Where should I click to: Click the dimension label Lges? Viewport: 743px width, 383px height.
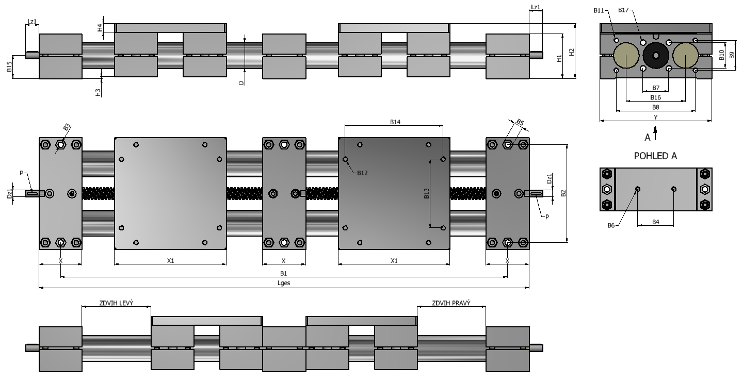[x=284, y=283]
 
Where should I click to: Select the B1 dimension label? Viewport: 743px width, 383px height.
[x=283, y=273]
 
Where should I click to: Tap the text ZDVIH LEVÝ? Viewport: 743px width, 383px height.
[x=116, y=303]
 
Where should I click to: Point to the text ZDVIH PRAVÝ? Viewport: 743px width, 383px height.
[x=451, y=303]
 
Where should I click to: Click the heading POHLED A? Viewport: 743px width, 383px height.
[x=655, y=156]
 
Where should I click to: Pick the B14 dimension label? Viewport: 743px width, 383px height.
[x=395, y=122]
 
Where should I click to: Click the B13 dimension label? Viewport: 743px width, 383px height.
[x=427, y=193]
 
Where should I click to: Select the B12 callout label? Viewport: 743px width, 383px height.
[x=362, y=173]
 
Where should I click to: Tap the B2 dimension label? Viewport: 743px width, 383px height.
[x=563, y=193]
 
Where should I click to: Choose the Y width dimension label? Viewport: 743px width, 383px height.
[x=655, y=118]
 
